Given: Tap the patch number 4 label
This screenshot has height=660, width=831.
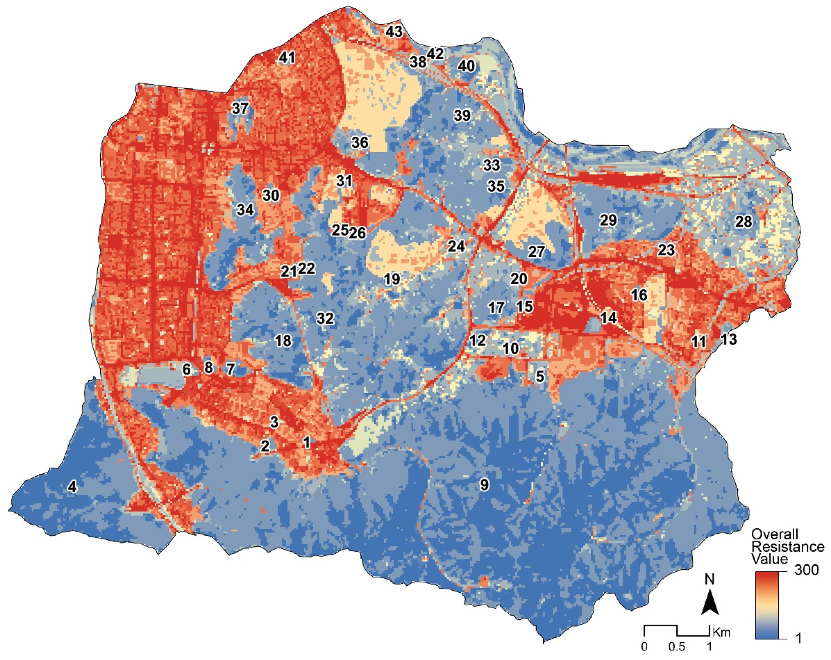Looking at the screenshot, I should point(72,487).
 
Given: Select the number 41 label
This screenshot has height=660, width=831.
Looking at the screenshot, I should point(287,58).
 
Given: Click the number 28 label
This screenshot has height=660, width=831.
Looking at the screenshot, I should point(743,222).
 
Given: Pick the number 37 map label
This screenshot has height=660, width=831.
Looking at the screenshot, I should point(240,109).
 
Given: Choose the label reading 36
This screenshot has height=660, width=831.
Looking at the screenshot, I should point(360,143).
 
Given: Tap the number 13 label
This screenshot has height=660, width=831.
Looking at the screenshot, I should point(728,339).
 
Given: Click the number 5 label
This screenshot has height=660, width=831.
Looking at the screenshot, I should point(540,376).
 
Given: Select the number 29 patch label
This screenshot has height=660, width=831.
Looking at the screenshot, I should point(608,220).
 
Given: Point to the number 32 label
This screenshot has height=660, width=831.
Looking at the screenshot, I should point(325,318).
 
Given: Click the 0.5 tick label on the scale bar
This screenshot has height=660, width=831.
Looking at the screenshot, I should point(677,647).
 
